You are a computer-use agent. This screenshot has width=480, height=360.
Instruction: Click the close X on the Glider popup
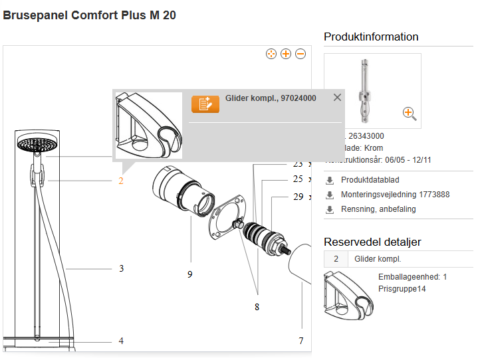pos(337,98)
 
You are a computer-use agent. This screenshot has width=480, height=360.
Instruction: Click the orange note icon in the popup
pos(205,104)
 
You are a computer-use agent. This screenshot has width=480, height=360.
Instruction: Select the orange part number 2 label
pos(121,181)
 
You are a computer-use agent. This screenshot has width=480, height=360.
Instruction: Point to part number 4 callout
pos(121,341)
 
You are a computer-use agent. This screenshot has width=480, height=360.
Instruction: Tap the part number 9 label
pos(189,274)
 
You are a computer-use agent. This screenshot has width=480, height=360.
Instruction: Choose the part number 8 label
pos(257,307)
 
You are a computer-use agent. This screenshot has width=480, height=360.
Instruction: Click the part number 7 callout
pos(300,341)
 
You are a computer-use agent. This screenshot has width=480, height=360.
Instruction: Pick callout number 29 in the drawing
pos(298,197)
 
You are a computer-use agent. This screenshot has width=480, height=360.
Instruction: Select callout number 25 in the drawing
pos(298,179)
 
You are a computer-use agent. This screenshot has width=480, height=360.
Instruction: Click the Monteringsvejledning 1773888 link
pos(395,195)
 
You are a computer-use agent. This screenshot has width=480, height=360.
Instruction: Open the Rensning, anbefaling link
pos(378,209)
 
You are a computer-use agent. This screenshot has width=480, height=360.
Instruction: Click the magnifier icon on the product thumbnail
pos(410,114)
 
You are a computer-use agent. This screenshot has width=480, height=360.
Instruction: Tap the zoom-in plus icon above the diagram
pos(286,54)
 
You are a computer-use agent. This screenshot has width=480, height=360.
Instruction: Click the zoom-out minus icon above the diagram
pos(300,54)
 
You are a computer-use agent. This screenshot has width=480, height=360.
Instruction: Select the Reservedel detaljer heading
pos(372,242)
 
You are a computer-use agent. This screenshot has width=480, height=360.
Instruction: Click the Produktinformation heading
pos(371,37)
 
